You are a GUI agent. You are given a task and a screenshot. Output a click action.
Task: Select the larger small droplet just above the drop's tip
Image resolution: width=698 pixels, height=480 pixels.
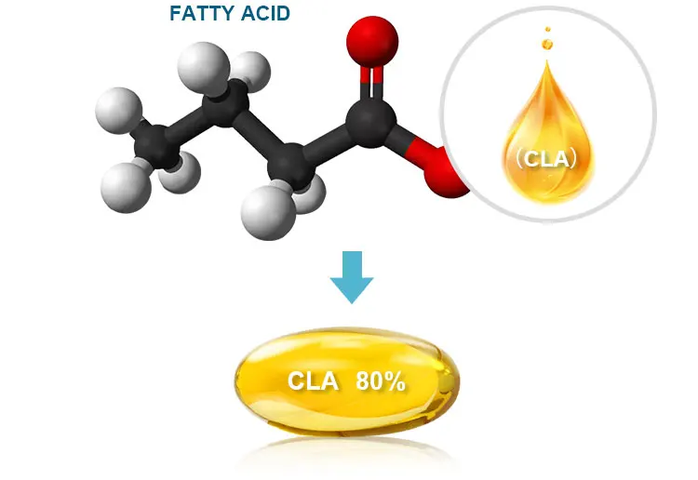point(547,43)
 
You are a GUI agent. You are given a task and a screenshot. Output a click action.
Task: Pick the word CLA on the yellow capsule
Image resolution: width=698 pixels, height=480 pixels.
point(313,381)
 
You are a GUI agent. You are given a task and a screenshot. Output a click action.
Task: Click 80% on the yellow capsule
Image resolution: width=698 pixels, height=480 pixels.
point(381,381)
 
